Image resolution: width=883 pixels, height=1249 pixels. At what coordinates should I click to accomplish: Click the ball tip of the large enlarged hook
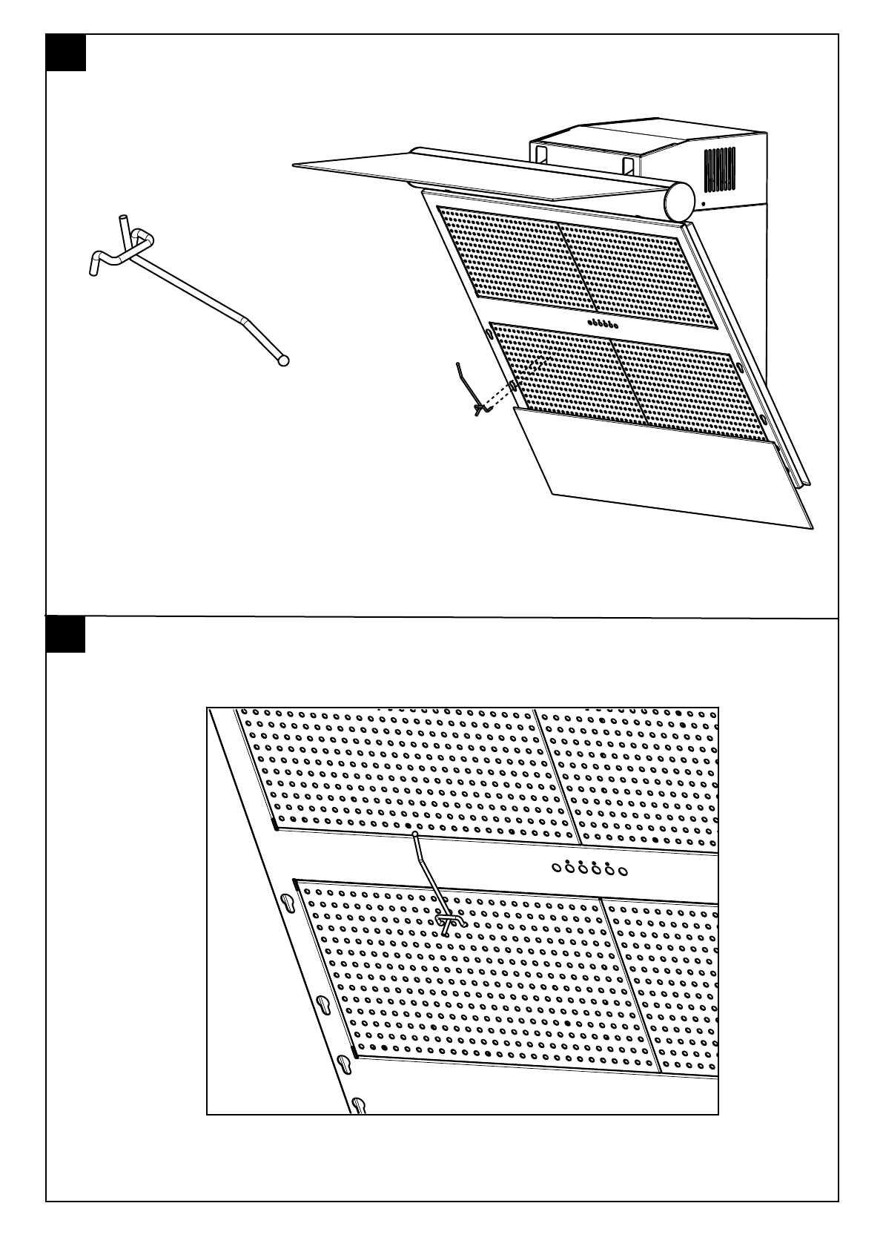tap(282, 361)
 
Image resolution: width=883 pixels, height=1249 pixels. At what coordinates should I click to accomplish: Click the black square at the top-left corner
tap(66, 53)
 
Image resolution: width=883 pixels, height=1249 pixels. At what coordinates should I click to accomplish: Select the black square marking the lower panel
tap(66, 635)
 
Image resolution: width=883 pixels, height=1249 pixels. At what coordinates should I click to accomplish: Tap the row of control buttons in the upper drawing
tap(602, 325)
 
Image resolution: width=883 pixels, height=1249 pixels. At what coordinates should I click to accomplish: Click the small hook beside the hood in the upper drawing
tap(472, 389)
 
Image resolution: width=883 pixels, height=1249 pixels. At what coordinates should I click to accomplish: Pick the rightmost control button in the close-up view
tap(623, 871)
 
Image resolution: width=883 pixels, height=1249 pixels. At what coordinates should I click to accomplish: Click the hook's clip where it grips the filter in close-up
tap(449, 922)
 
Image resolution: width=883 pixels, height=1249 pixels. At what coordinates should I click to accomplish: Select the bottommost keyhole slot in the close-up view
tap(359, 1104)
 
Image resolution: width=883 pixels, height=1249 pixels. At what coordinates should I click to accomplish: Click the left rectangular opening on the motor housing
tap(540, 154)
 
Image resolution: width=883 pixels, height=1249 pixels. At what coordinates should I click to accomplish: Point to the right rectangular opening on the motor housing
tap(629, 166)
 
